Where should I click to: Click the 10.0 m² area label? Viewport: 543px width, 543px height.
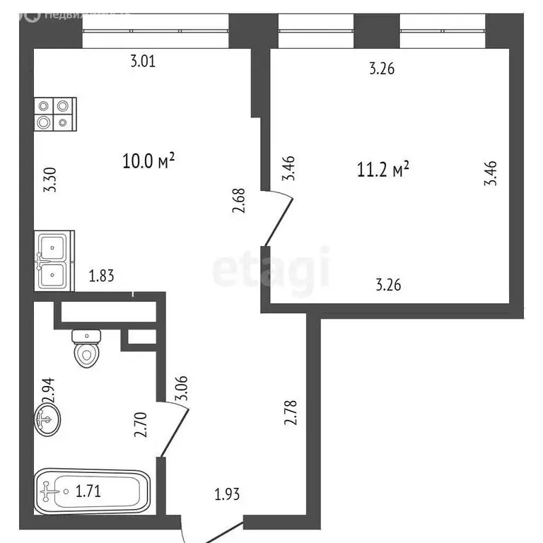[x=148, y=161]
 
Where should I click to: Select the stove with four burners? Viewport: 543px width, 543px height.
[x=54, y=113]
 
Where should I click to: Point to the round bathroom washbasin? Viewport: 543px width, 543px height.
[x=47, y=419]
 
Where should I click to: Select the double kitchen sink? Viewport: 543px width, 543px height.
[x=53, y=261]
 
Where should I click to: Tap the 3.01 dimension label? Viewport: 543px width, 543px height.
[x=143, y=62]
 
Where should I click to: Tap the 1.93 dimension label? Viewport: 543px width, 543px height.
[x=228, y=494]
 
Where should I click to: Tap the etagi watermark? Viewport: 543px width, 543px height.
[x=271, y=268]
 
